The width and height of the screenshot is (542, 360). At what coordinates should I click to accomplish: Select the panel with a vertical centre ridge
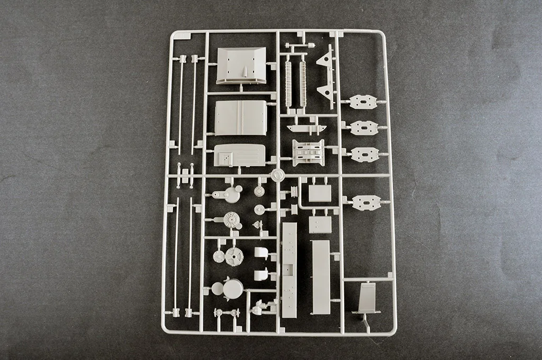[x=241, y=118]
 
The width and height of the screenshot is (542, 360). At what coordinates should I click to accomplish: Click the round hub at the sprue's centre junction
[x=277, y=175]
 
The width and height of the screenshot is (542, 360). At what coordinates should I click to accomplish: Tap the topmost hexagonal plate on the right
[x=364, y=102]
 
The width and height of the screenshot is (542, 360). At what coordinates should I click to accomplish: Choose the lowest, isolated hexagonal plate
[x=366, y=202]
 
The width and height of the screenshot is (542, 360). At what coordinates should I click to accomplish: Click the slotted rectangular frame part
[x=308, y=152]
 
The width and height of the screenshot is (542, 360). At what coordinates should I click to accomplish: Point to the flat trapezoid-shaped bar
[x=305, y=128]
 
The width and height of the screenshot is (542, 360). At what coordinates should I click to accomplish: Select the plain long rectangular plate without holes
[x=321, y=276]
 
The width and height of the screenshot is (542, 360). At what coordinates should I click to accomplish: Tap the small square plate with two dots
[x=320, y=224]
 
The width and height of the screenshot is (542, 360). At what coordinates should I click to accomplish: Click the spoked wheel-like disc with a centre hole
[x=233, y=257]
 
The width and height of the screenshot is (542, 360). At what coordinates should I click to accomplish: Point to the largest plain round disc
[x=233, y=289]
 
